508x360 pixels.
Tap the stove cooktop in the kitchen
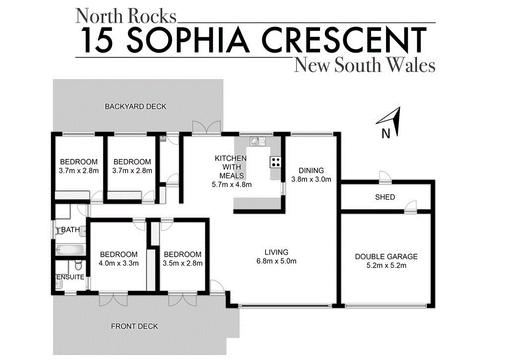[275, 161]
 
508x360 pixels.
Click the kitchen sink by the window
[256, 141]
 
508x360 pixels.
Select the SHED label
[385, 197]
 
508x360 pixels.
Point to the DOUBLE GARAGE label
[386, 257]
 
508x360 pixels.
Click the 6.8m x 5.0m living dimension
[276, 262]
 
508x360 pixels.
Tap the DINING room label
[311, 170]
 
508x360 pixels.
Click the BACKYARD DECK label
[135, 106]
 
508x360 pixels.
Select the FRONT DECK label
[134, 326]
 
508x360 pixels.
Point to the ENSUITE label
[70, 277]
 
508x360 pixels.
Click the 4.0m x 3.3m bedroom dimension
[119, 264]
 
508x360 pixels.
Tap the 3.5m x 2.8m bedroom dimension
[183, 264]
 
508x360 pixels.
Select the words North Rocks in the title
[126, 16]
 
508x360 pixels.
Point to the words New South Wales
[365, 65]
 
